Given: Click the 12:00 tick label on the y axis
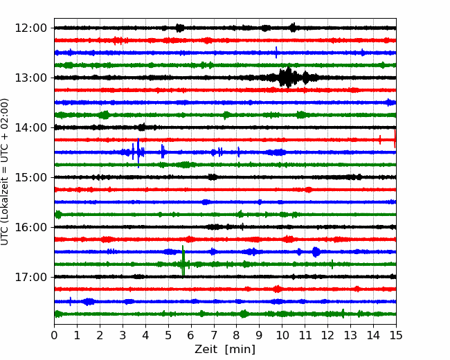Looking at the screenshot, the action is [30, 28].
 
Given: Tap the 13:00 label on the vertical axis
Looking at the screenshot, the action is [30, 78].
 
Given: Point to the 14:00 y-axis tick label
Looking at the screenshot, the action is [30, 127].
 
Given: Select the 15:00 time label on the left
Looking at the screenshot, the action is [30, 177].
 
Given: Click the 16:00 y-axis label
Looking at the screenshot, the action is [30, 227].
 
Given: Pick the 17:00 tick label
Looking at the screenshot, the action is [30, 277].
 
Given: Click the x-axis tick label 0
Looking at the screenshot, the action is [54, 335].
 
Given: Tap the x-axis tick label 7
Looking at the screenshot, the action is [214, 335].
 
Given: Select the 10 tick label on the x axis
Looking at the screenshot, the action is [282, 335].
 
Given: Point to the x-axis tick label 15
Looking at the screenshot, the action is [396, 335].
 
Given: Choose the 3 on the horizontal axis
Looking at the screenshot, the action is [123, 335].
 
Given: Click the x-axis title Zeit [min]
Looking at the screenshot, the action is [225, 350].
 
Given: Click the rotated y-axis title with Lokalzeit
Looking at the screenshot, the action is [5, 172].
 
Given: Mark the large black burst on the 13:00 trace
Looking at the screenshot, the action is [289, 78].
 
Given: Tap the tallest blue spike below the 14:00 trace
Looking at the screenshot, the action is [138, 153].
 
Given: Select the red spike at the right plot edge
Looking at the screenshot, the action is [395, 139].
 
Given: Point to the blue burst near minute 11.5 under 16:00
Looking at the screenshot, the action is [316, 252].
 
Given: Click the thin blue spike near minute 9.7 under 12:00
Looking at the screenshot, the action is [276, 52].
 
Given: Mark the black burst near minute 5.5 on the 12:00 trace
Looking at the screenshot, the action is [180, 28].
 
